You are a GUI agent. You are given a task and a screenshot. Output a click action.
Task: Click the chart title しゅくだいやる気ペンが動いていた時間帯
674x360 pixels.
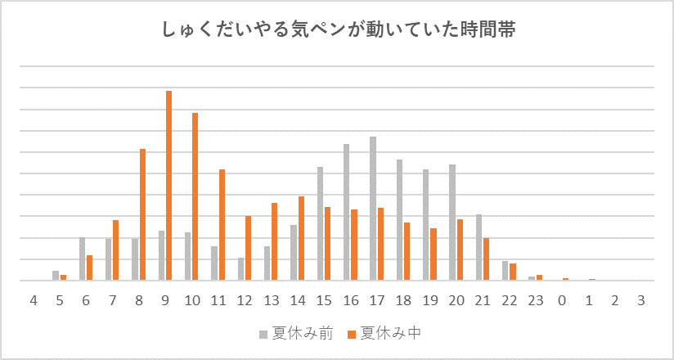[x=337, y=31]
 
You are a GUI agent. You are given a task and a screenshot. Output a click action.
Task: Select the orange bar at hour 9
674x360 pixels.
[x=169, y=186]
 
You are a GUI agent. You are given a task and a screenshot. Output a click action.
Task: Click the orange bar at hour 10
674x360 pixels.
[x=195, y=196]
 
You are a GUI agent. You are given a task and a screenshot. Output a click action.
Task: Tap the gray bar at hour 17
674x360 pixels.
[x=373, y=209]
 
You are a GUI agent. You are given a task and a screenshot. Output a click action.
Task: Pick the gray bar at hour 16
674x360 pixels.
[x=347, y=212]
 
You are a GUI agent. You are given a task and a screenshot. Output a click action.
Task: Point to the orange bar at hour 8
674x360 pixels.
[x=142, y=214]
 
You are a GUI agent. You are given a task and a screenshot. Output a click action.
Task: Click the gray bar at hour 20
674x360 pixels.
[x=452, y=223]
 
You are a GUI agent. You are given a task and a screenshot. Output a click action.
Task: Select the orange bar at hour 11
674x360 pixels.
[x=222, y=225]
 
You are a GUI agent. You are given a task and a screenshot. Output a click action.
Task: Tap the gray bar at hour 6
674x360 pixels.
[x=82, y=259]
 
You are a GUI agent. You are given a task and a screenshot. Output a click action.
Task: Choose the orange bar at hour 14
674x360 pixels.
[x=301, y=238]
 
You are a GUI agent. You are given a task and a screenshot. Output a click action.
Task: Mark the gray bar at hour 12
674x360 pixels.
[x=240, y=269]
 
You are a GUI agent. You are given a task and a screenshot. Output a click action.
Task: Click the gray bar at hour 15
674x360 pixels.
[x=320, y=223]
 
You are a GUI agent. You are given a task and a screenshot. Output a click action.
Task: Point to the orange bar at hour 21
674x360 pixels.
[x=486, y=259]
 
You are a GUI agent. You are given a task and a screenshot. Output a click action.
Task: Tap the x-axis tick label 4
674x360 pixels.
[x=34, y=300]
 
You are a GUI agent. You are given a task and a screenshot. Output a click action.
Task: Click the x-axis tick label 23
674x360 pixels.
[x=535, y=300]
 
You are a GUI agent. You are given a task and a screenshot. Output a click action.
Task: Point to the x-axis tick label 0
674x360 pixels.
[x=562, y=300]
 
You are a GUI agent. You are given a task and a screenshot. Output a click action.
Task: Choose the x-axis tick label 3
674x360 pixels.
[x=641, y=300]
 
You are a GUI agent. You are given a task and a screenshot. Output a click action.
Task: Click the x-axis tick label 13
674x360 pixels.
[x=271, y=300]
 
